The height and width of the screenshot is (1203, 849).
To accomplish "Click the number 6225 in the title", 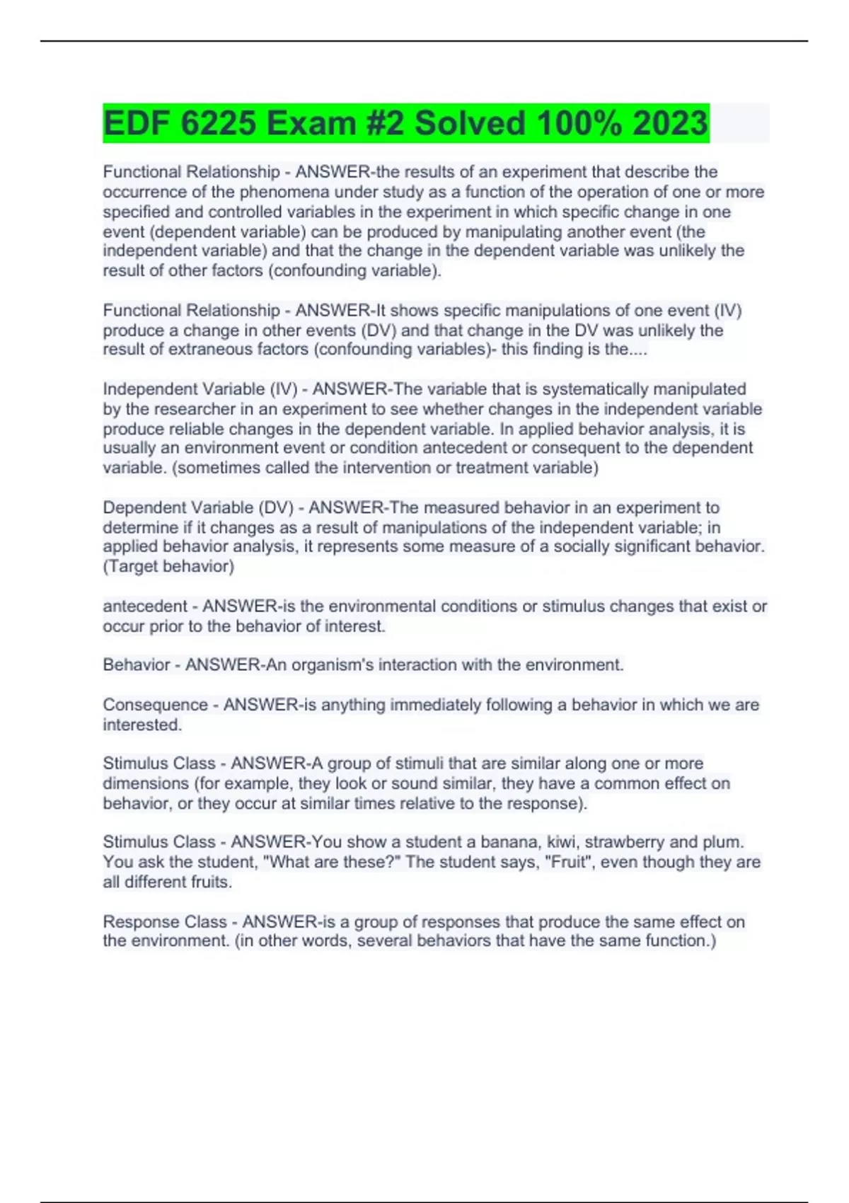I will (218, 124).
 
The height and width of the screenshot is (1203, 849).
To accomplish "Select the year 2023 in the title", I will (669, 124).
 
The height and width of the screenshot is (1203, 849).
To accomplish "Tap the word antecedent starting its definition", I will (146, 606).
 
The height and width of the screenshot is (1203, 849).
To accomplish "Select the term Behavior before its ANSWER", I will (137, 665).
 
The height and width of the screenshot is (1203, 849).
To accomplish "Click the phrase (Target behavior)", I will (168, 567).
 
